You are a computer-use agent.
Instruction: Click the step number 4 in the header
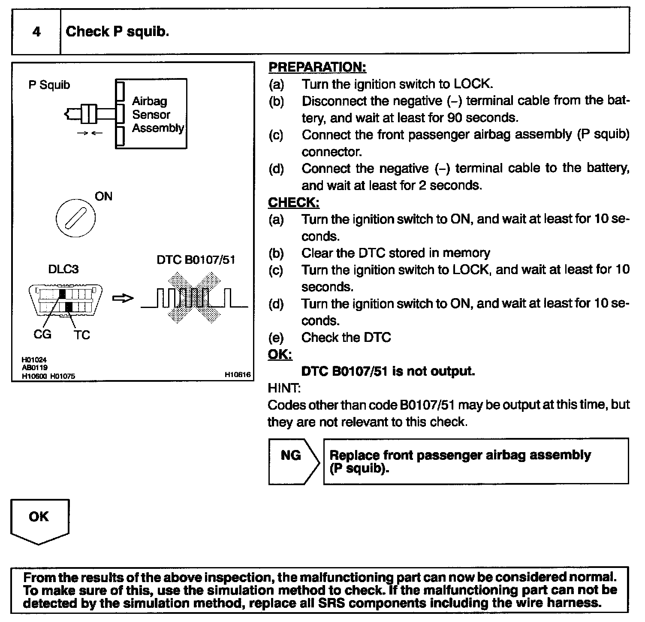(36, 32)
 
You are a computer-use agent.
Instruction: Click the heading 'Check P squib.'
(118, 31)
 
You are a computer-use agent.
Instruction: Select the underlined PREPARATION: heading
(317, 67)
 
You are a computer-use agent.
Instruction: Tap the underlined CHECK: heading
(294, 202)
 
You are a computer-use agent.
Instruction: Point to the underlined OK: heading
(280, 355)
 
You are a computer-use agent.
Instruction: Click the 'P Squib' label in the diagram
(49, 85)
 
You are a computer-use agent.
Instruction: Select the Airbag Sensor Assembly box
(151, 114)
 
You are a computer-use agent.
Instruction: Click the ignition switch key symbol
(76, 218)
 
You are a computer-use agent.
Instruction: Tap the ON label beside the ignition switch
(103, 196)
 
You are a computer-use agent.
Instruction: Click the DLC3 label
(63, 269)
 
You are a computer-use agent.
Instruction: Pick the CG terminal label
(42, 334)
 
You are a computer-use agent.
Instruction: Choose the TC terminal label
(81, 335)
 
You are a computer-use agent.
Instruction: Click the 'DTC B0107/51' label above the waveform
(196, 260)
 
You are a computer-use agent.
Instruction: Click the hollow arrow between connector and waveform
(123, 298)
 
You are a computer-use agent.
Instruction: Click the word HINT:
(284, 388)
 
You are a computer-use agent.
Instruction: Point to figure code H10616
(238, 375)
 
